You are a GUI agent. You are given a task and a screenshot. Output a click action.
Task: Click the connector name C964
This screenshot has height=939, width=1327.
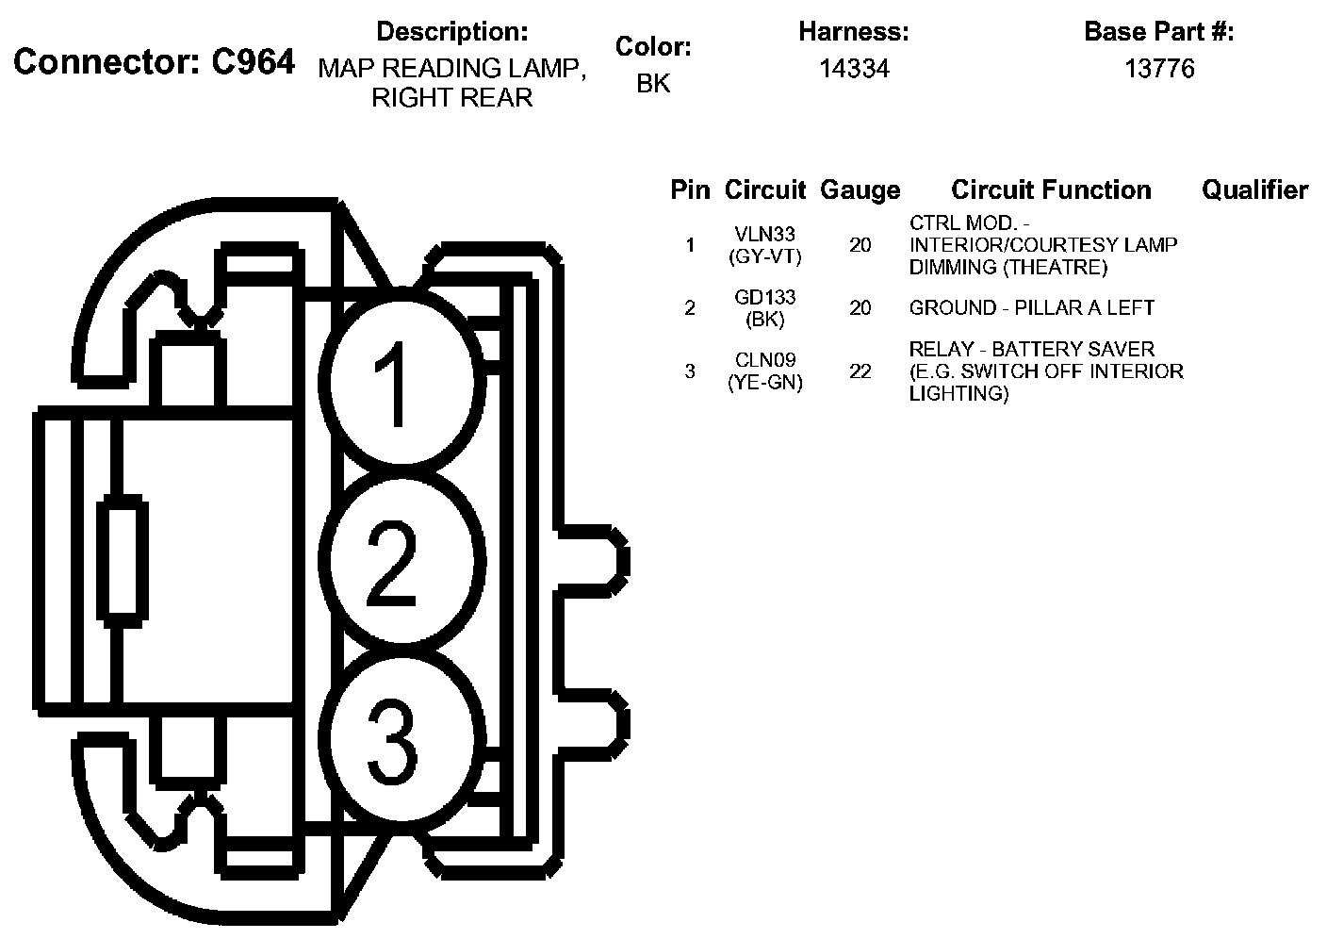(x=253, y=62)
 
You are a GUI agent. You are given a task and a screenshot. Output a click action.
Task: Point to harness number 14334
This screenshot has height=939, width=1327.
(x=853, y=69)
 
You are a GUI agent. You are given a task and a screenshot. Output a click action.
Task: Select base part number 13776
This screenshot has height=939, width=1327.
(x=1159, y=69)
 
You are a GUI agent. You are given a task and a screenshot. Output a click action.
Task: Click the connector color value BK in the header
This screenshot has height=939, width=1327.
(x=653, y=83)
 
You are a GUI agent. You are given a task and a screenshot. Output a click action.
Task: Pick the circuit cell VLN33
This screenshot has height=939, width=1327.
(x=764, y=235)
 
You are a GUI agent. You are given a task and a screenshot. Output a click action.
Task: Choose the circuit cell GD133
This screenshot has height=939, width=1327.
(x=764, y=298)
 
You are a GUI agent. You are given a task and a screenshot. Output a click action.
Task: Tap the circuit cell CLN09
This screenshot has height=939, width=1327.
(x=764, y=360)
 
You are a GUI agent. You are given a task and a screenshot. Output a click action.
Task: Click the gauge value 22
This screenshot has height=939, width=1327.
(x=860, y=371)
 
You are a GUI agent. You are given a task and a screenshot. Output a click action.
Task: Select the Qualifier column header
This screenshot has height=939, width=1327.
(x=1254, y=190)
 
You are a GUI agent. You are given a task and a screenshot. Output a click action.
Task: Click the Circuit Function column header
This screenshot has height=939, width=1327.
(x=1051, y=190)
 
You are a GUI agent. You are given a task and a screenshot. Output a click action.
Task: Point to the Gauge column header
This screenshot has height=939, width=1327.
(x=860, y=190)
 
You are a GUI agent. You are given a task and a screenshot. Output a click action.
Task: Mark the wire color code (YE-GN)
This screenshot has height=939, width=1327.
(x=764, y=383)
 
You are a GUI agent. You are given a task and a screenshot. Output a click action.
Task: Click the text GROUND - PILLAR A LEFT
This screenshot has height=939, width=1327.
(x=1031, y=308)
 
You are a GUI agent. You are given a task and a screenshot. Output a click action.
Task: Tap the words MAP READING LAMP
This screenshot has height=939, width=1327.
(x=451, y=69)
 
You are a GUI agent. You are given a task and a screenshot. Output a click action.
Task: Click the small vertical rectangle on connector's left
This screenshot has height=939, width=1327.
(x=123, y=563)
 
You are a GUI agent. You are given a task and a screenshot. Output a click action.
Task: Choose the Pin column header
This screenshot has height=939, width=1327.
(x=690, y=190)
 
